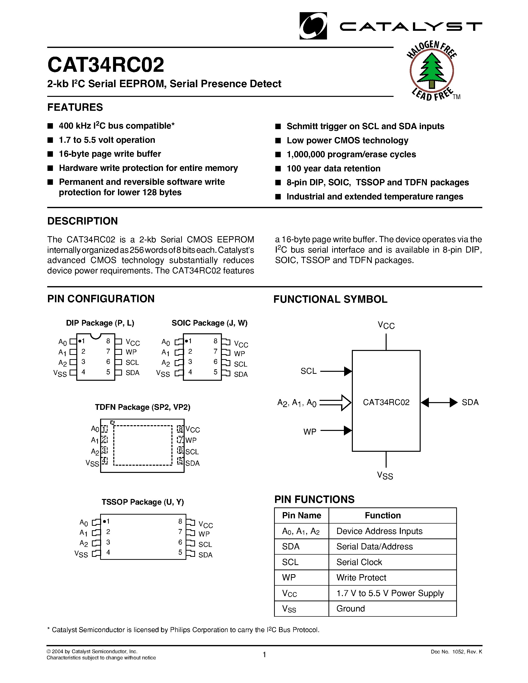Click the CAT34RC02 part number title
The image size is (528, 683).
106,65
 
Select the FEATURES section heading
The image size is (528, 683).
75,107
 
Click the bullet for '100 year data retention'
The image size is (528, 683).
278,169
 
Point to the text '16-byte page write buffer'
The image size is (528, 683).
110,154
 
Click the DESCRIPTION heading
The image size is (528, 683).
82,221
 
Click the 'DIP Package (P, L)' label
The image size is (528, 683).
100,323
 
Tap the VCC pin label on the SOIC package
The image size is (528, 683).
241,344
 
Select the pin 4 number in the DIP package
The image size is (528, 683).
83,372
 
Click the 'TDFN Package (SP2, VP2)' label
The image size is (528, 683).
143,407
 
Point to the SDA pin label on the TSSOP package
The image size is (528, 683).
205,555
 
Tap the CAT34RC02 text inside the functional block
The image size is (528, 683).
386,403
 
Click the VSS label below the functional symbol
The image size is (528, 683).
385,476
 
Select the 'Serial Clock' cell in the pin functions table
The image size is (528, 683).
359,562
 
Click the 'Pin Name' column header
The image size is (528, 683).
302,515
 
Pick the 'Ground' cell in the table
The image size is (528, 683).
351,608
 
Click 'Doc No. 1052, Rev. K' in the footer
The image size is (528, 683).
456,652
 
